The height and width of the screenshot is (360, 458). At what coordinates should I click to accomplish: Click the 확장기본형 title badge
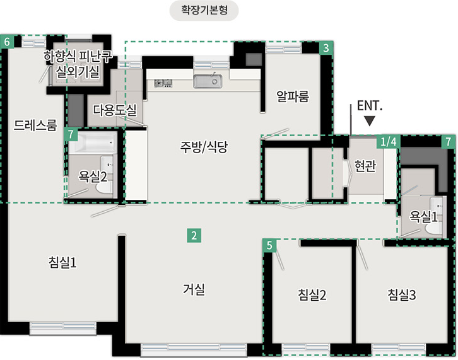pos(204,11)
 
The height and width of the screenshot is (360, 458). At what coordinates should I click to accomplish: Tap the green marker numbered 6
pos(7,42)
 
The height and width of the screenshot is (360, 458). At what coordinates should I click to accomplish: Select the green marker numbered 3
pos(326,48)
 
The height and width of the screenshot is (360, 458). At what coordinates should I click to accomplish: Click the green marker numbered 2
pos(194,235)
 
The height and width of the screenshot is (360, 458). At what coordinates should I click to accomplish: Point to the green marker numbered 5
pos(269,245)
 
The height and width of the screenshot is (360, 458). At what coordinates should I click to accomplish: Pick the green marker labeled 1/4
pos(389,142)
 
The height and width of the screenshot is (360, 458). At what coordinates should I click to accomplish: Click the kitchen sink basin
pos(208,81)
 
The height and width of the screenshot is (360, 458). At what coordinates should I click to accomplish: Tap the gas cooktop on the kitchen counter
pos(163,83)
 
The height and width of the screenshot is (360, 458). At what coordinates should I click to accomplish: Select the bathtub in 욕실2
pos(93,143)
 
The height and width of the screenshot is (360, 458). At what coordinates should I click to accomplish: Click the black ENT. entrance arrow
pos(370,121)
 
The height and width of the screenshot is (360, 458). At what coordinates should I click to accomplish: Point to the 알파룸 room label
pos(292,96)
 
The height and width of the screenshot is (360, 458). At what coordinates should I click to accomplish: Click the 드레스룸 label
pos(35,125)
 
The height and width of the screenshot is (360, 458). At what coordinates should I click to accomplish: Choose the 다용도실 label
pos(115,110)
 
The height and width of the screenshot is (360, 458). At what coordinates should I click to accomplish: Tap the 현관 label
pos(365,166)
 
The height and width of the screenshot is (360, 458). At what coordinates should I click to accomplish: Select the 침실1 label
pos(62,262)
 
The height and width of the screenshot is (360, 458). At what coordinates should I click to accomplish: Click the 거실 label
pos(194,289)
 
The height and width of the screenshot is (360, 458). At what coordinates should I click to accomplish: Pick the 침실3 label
pos(402,294)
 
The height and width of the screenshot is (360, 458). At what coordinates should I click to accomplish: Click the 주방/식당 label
pos(204,147)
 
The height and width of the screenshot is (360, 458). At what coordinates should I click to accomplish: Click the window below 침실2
pos(306,348)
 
